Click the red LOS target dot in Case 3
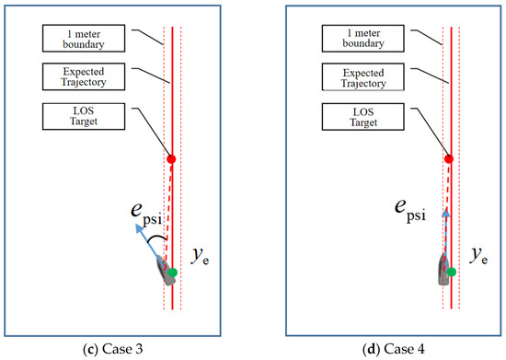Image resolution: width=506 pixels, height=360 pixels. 171,159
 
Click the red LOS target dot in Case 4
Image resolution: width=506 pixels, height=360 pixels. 448,159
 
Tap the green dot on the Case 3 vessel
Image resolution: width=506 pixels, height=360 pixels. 171,273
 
